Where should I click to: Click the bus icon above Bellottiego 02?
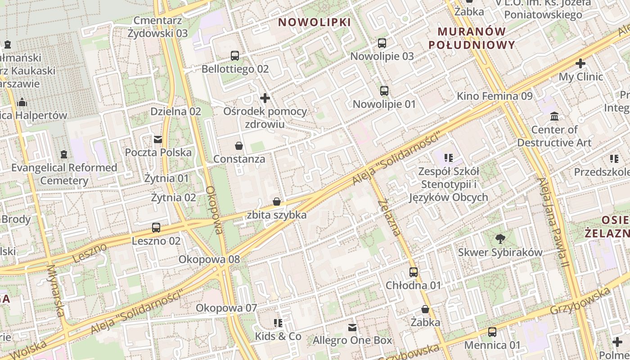235,56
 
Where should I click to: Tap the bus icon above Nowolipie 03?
382,43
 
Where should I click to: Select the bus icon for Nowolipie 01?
384,91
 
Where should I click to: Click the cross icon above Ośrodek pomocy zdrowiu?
265,98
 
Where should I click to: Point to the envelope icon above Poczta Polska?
158,139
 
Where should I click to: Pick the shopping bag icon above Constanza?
239,146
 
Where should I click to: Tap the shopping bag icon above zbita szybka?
277,202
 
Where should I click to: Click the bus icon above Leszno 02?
156,228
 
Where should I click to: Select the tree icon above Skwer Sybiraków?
500,239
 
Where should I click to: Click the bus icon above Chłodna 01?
414,272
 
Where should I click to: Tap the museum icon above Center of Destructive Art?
554,117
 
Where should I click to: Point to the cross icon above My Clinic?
580,63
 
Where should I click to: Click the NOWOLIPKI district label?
314,22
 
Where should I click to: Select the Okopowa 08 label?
209,260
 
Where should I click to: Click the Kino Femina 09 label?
495,96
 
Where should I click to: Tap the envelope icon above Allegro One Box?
352,327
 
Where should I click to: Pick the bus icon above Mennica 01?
492,332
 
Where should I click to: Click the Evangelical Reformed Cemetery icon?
64,154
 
